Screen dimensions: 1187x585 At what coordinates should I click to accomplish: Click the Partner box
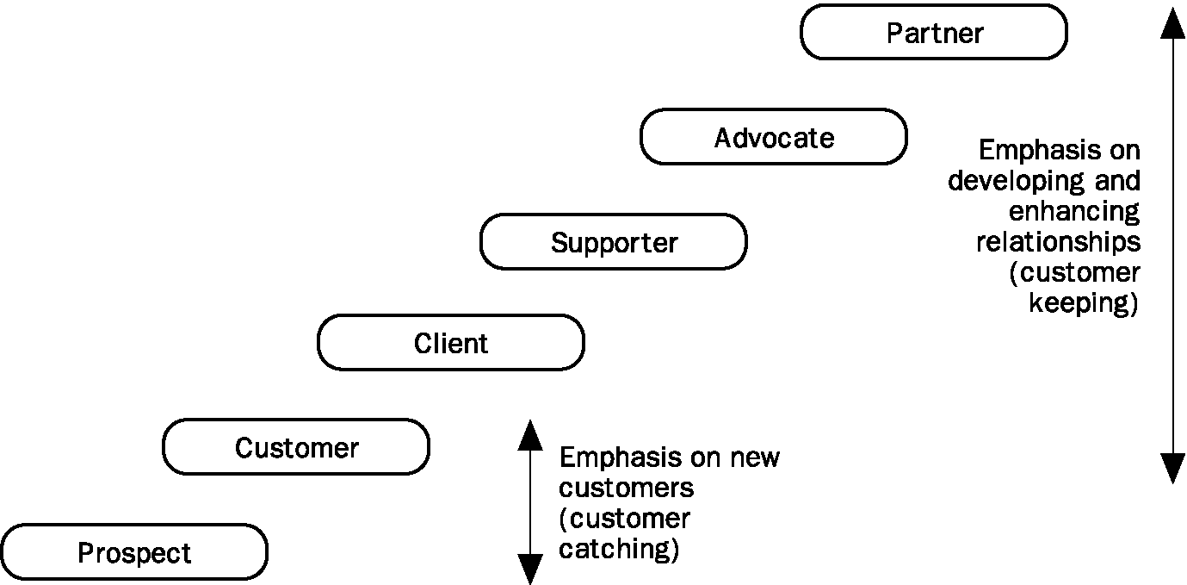[x=934, y=32]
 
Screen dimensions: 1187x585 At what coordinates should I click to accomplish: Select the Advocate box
[x=774, y=137]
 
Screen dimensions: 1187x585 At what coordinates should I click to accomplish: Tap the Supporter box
[x=614, y=242]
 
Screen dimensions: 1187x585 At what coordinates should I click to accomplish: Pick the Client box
[x=451, y=343]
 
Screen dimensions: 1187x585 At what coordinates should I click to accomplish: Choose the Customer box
[x=296, y=446]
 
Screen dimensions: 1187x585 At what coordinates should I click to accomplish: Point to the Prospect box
[x=134, y=552]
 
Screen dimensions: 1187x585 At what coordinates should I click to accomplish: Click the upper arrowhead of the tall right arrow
[x=1172, y=24]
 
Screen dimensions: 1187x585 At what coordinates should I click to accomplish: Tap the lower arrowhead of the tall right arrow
[x=1172, y=469]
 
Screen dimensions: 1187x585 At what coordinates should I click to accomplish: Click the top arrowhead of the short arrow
[x=530, y=435]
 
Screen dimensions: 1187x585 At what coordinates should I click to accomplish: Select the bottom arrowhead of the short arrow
[x=530, y=569]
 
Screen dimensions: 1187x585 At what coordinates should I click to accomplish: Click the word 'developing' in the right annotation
[x=1017, y=182]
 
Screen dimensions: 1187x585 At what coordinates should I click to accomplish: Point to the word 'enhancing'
[x=1074, y=212]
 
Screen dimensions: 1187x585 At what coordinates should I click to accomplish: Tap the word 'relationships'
[x=1058, y=242]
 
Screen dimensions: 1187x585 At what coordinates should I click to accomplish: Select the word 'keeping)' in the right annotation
[x=1084, y=303]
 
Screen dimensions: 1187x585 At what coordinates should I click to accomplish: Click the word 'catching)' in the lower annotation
[x=618, y=549]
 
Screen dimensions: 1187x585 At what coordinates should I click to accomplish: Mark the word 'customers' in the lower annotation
[x=626, y=488]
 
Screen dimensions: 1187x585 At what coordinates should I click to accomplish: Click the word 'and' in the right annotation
[x=1117, y=180]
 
